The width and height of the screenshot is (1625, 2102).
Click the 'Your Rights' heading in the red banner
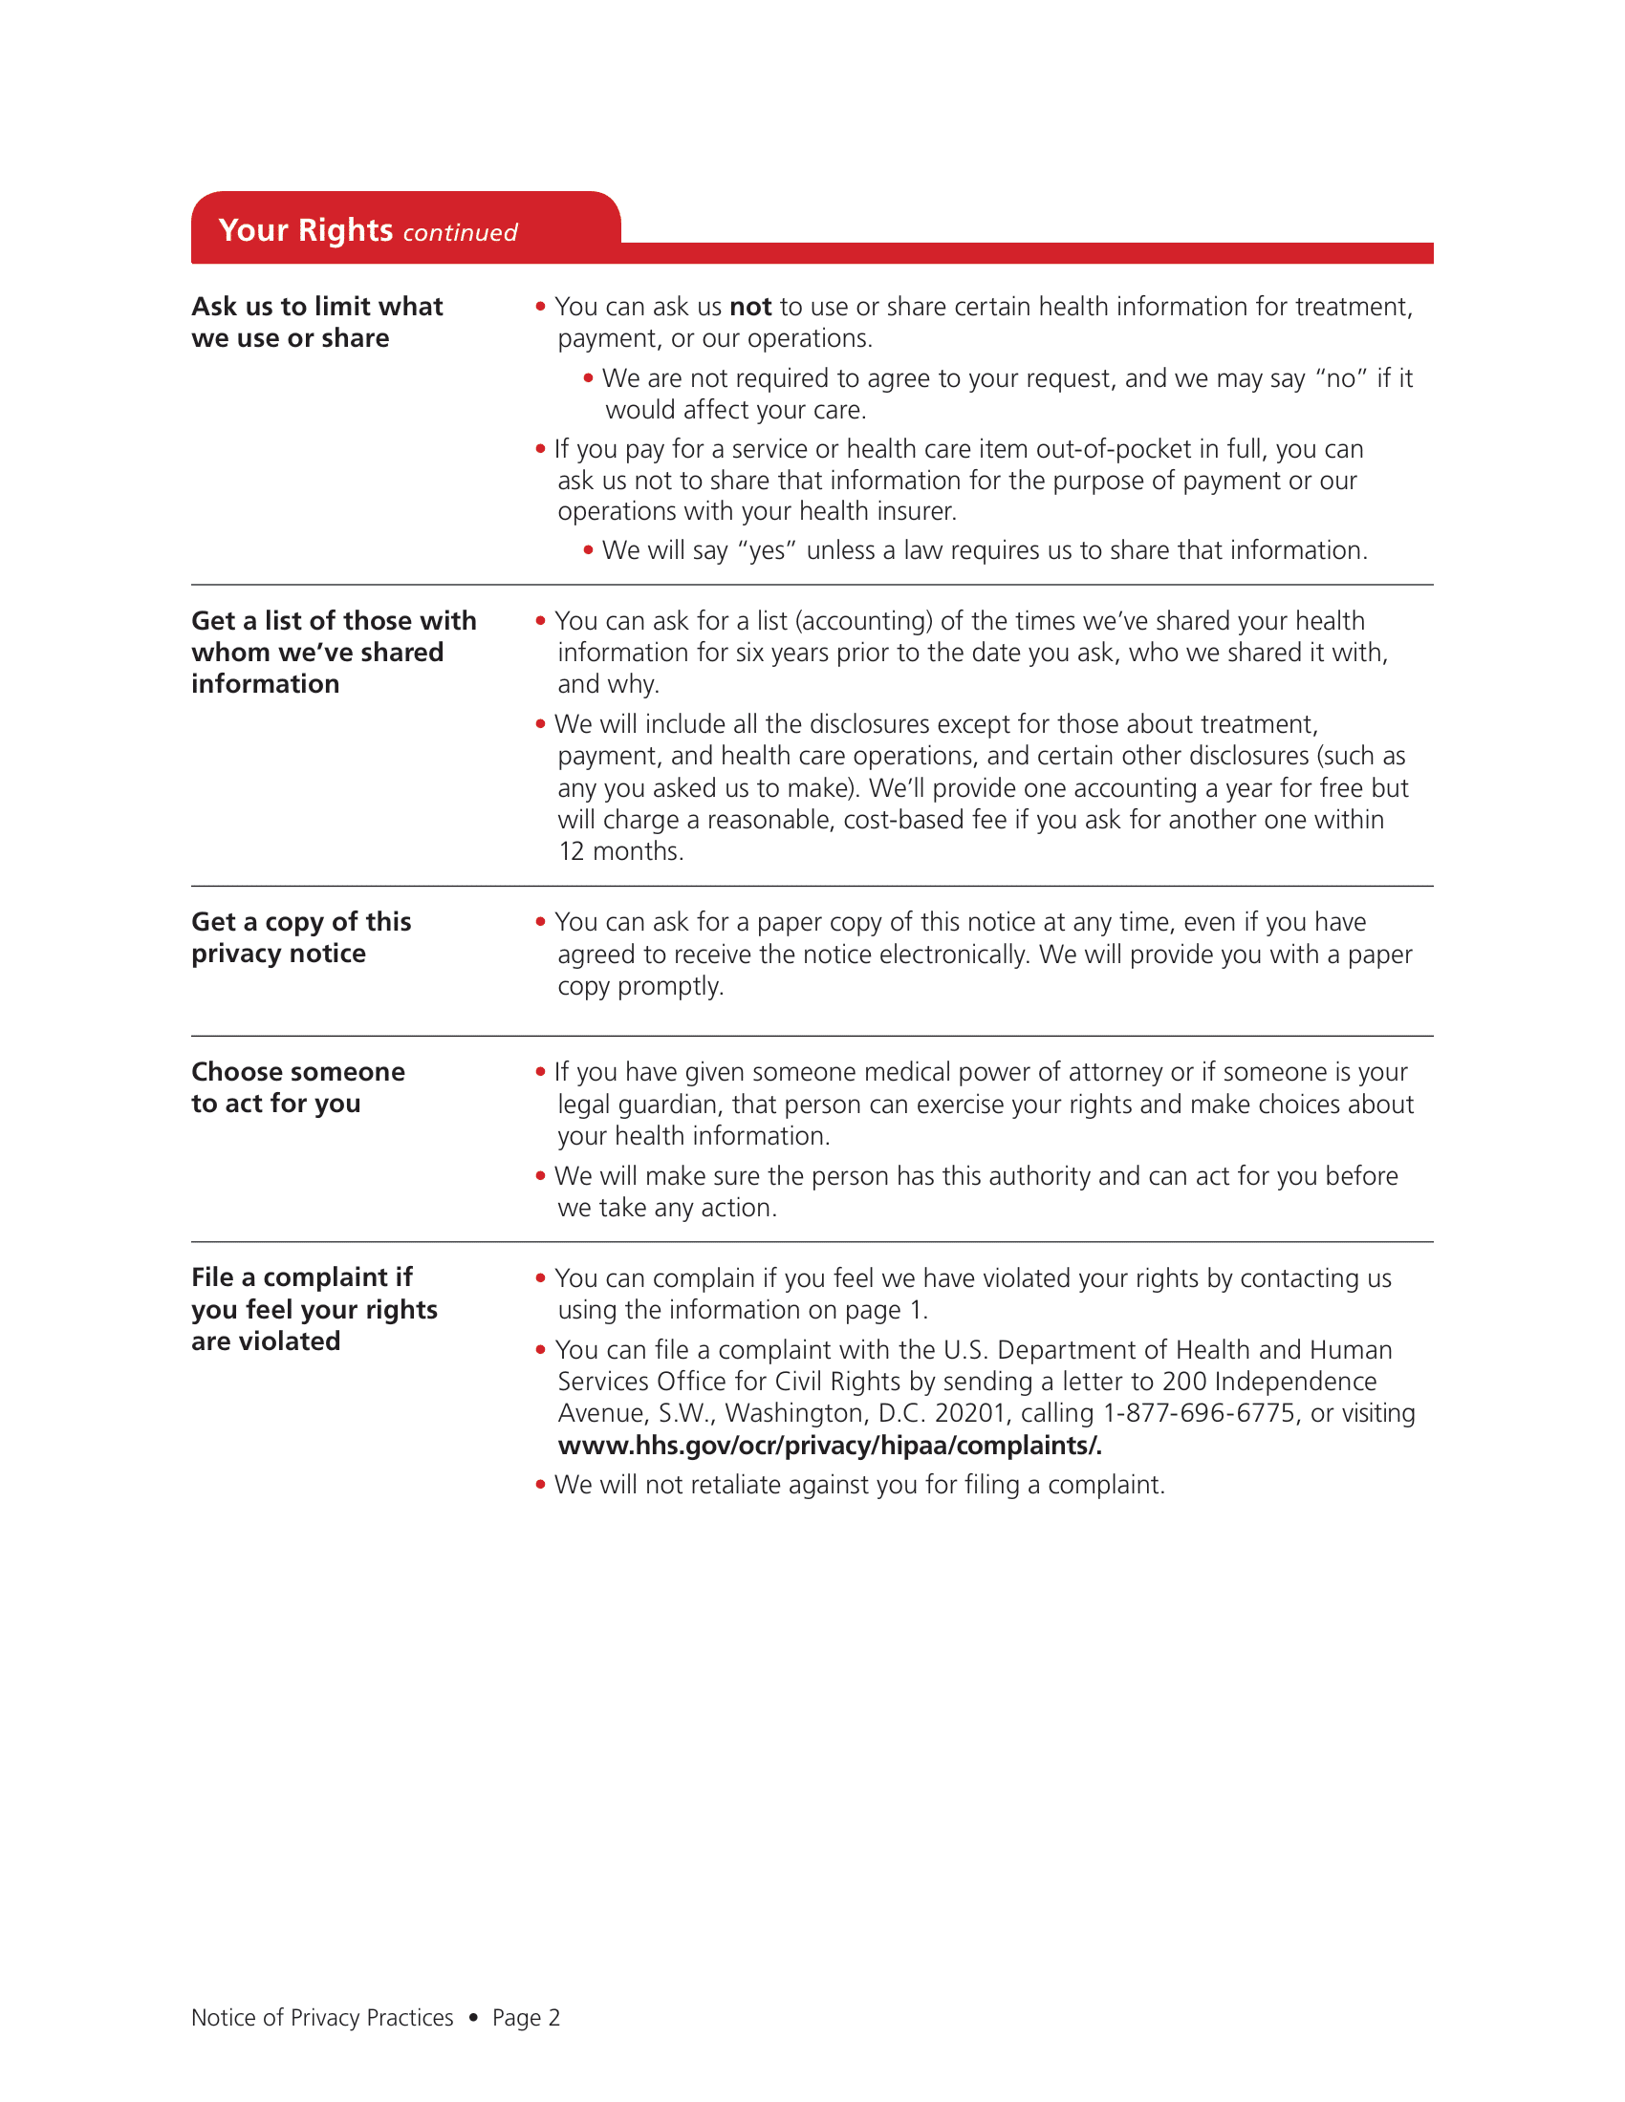pyautogui.click(x=305, y=231)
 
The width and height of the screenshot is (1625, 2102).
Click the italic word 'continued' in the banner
pyautogui.click(x=459, y=233)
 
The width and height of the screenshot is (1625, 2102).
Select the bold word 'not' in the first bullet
pyautogui.click(x=750, y=307)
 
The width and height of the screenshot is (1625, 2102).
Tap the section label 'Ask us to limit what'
pyautogui.click(x=316, y=306)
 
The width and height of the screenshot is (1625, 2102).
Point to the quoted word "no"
pyautogui.click(x=1340, y=378)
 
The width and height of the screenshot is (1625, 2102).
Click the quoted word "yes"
pyautogui.click(x=767, y=550)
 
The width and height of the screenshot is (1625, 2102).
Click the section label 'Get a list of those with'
pyautogui.click(x=333, y=621)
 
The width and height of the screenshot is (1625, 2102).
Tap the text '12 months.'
pyautogui.click(x=621, y=851)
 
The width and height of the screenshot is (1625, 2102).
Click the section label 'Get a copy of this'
pyautogui.click(x=300, y=922)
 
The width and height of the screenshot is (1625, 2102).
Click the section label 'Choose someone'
pyautogui.click(x=297, y=1072)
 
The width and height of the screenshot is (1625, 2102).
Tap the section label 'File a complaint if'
pyautogui.click(x=301, y=1277)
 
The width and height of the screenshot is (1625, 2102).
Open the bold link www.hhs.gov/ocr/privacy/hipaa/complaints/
pyautogui.click(x=829, y=1446)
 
